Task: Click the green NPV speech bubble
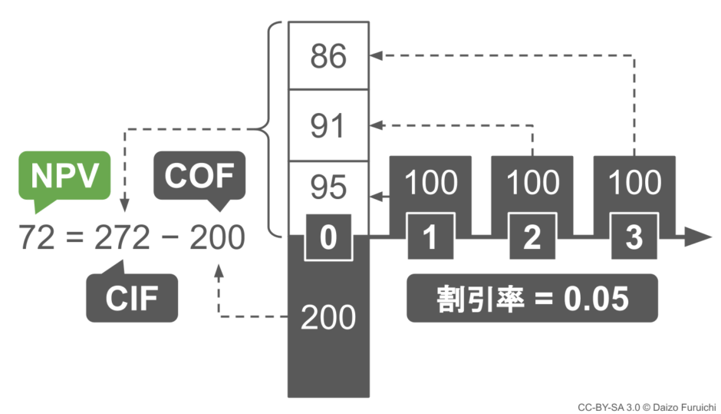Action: [64, 177]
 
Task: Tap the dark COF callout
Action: [199, 177]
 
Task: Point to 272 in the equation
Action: [122, 237]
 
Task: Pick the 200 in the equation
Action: [217, 237]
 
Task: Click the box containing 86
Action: [328, 55]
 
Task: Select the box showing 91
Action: [328, 125]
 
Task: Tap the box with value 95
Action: [328, 187]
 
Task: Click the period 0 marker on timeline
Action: [328, 237]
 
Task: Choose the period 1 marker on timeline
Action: [430, 237]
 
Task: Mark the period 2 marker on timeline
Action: [532, 237]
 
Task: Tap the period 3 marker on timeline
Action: [634, 237]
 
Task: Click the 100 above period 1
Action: [431, 182]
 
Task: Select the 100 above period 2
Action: [533, 182]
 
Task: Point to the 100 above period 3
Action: [635, 182]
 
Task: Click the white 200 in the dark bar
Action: [328, 317]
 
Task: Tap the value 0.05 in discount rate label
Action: [596, 299]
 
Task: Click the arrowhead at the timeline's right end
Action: [699, 237]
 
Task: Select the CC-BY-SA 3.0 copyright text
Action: [647, 408]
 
